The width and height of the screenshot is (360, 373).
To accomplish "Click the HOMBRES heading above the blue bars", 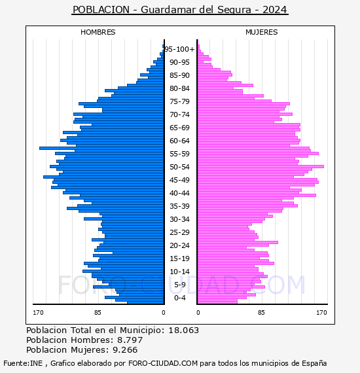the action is (x=98, y=32).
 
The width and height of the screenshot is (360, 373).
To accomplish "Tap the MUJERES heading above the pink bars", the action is (x=262, y=32).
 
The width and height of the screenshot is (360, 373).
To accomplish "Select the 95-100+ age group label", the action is (x=179, y=49).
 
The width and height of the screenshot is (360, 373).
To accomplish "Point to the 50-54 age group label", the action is (x=179, y=167).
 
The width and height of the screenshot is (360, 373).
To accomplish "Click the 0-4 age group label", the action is (x=179, y=298).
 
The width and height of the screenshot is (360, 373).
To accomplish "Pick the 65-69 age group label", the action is (x=179, y=128).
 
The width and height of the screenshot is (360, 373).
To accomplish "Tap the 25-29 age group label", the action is (x=179, y=232).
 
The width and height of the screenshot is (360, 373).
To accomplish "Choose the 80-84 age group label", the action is (x=179, y=88).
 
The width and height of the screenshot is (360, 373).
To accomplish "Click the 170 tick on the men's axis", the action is (x=38, y=313).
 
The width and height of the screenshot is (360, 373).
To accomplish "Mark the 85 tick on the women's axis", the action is (x=261, y=313).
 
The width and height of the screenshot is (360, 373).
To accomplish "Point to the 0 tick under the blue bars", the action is (x=164, y=313).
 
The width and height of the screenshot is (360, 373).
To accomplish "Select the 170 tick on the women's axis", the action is (x=321, y=313).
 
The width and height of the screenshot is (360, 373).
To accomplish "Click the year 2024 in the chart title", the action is (x=274, y=10).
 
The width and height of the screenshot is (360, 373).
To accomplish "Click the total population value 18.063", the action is (x=183, y=330).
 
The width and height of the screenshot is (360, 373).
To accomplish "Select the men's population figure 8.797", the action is (x=130, y=340).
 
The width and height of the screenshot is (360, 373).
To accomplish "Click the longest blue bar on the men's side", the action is (x=101, y=149).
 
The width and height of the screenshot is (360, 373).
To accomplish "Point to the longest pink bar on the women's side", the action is (x=261, y=166).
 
